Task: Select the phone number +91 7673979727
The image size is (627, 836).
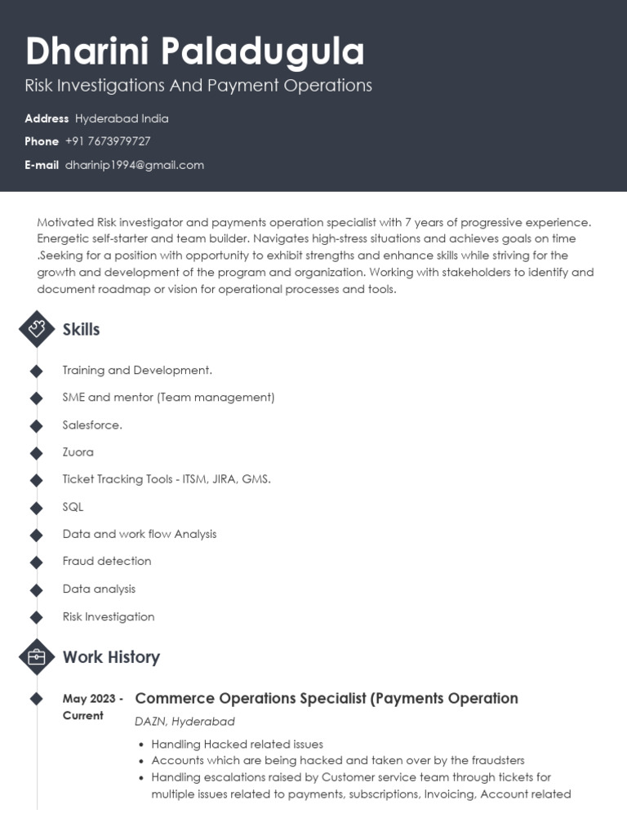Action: coord(108,141)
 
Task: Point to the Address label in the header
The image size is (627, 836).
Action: coord(47,118)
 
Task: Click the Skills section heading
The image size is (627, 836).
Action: coord(81,330)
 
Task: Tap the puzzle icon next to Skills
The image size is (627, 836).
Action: coord(37,329)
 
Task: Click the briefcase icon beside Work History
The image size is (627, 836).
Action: coord(37,656)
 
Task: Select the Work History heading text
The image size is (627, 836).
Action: coord(111,657)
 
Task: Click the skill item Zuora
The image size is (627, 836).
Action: coord(78,452)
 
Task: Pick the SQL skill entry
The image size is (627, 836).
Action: coord(73,507)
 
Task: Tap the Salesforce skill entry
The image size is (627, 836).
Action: coord(92,425)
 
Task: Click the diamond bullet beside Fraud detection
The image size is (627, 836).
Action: coord(37,562)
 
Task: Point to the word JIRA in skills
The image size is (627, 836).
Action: coord(224,479)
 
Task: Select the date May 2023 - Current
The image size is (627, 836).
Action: coord(92,707)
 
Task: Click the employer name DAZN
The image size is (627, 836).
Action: coord(151,722)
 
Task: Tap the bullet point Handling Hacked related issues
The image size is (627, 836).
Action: coord(237,745)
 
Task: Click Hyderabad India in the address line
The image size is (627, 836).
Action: coord(122,118)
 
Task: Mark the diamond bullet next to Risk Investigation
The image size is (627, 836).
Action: coord(37,617)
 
